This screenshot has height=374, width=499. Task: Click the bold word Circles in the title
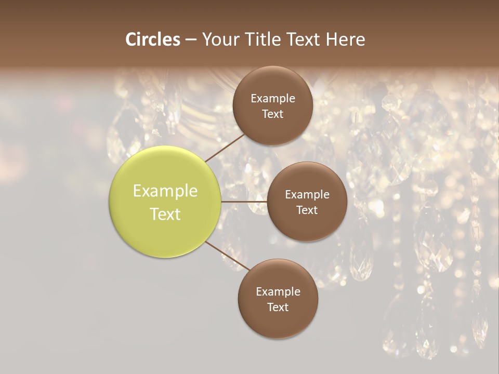tap(153, 39)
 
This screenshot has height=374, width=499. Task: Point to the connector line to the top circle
tap(225, 148)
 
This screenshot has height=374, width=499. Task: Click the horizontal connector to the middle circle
tap(244, 202)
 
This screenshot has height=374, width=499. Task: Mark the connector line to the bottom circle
tap(228, 257)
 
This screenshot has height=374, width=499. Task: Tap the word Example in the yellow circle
tap(165, 191)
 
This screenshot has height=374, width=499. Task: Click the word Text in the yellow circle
tap(165, 214)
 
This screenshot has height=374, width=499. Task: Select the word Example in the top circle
tap(272, 99)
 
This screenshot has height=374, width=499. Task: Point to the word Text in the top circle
tap(272, 114)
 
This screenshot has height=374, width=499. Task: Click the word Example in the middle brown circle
tap(307, 195)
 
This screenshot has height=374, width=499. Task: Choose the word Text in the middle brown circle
tap(307, 210)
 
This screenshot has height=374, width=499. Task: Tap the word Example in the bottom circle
tap(278, 292)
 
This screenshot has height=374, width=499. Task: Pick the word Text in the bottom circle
tap(278, 308)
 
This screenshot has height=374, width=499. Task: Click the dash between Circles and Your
tap(191, 40)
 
